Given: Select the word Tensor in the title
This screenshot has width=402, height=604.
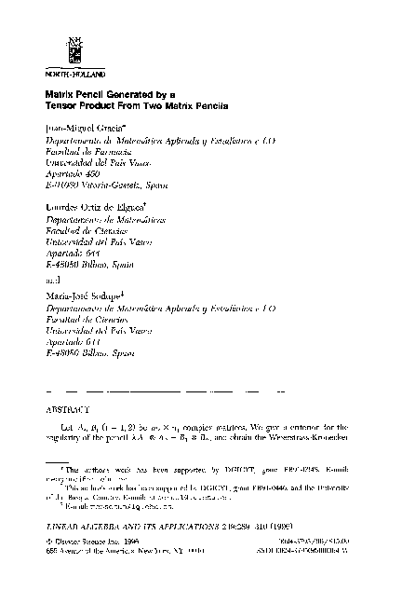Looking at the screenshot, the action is pyautogui.click(x=64, y=106).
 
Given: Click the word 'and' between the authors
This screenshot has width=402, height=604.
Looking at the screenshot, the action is pyautogui.click(x=52, y=276).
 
